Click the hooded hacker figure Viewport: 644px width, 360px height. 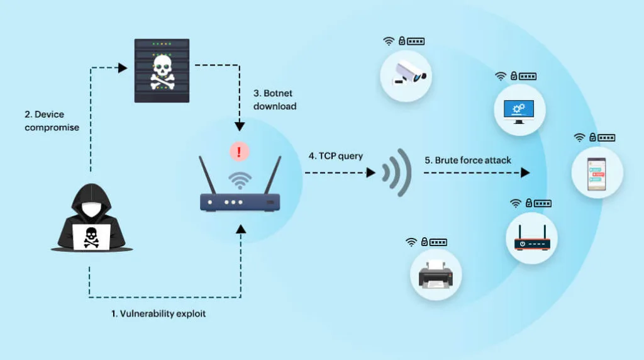pos(92,217)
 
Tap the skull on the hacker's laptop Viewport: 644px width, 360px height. pos(91,237)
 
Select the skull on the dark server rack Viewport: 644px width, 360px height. pos(162,72)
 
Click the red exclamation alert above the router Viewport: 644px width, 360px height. pos(239,152)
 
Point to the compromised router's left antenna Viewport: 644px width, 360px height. pos(208,175)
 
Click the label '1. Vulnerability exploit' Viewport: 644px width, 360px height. pos(158,313)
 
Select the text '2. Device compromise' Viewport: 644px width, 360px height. pos(52,121)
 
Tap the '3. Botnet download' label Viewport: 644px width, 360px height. pos(275,100)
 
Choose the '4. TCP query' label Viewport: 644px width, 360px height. pos(336,156)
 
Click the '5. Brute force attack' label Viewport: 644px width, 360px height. pos(468,160)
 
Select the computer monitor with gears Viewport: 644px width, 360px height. pos(519,111)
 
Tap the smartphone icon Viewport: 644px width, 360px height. pos(596,174)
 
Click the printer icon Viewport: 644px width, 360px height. pos(436,274)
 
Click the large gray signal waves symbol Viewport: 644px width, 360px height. pos(397,172)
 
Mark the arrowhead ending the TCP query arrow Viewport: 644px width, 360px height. pos(371,172)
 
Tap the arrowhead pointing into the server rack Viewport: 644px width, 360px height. pos(123,68)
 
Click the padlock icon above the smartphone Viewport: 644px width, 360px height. pos(592,137)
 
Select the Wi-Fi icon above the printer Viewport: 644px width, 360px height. pos(411,242)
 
